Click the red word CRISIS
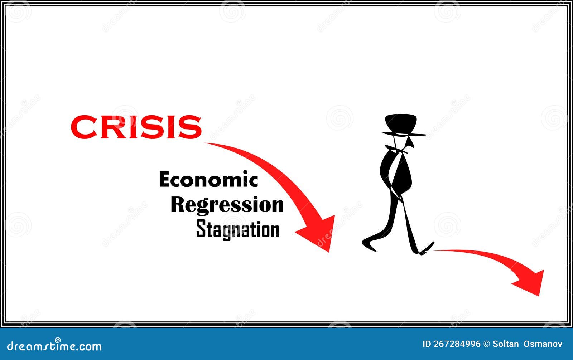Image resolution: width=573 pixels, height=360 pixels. point(136,127)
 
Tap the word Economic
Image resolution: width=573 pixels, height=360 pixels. point(208,180)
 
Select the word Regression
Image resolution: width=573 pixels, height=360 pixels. point(227,205)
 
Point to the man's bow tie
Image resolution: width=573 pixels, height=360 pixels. point(400,150)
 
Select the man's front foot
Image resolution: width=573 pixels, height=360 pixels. point(427,248)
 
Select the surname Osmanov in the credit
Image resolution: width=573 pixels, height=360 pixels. point(543,344)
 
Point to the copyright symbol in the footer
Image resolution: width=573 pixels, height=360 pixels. point(486,344)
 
